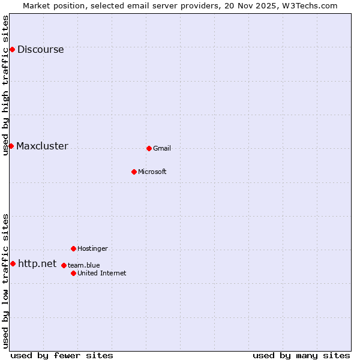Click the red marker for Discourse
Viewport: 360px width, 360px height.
coord(12,49)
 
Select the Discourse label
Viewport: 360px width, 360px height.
coord(40,50)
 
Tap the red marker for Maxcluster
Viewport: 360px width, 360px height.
coord(11,146)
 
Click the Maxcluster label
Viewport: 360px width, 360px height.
coord(42,146)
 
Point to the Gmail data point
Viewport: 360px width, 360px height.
coord(149,148)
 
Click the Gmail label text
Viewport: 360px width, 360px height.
coord(162,149)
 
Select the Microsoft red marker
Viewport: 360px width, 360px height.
coord(134,172)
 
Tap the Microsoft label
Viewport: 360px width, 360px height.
coord(152,172)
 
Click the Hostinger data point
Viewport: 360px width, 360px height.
coord(73,248)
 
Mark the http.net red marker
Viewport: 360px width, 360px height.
coord(13,263)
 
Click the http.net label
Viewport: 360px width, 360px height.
coord(37,264)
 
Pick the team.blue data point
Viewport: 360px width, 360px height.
coord(64,265)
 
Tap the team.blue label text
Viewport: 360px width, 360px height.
coord(83,265)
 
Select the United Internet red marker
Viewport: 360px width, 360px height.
coord(73,273)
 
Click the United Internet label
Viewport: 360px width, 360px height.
coord(102,274)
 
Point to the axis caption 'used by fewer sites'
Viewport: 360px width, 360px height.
coord(62,355)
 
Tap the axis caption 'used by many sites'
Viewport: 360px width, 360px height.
coord(301,355)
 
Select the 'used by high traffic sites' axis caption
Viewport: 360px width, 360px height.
coord(6,85)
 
